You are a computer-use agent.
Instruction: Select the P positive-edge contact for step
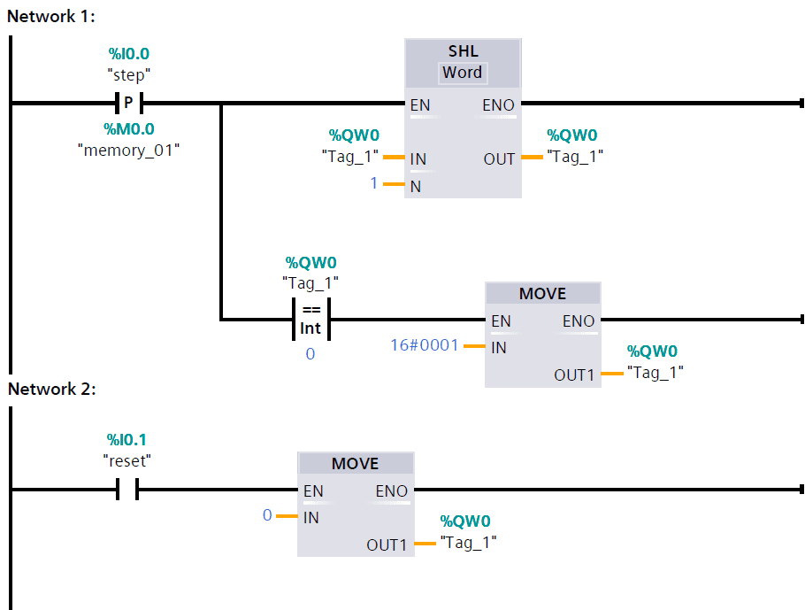tap(129, 103)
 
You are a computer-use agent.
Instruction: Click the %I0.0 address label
tap(129, 55)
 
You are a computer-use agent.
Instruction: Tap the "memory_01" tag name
tap(129, 150)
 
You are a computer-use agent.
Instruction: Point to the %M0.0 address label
tap(129, 129)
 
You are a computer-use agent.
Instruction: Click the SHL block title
tap(463, 52)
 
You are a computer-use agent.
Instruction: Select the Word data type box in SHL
tap(463, 73)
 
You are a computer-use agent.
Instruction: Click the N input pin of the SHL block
tap(416, 186)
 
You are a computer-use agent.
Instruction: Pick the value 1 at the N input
tap(373, 183)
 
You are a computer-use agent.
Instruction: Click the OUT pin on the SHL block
tap(499, 159)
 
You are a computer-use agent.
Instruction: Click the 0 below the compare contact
tap(310, 353)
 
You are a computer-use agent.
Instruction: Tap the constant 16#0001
tap(425, 344)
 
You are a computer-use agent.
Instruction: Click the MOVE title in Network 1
tap(542, 294)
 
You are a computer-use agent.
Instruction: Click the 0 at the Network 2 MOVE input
tap(267, 514)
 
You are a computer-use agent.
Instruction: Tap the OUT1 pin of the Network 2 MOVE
tap(387, 544)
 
